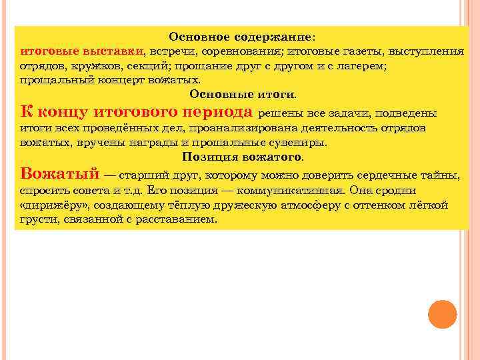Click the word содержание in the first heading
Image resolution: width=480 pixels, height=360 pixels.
click(277, 37)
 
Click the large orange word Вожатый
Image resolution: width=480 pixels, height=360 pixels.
click(59, 174)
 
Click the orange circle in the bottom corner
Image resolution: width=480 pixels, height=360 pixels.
click(442, 314)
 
